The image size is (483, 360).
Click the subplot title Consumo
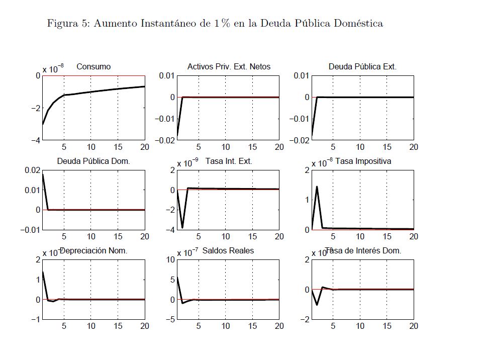[93, 66]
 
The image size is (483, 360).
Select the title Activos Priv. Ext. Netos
[229, 66]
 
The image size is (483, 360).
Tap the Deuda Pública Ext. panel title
[362, 66]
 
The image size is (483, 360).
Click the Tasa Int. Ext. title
[229, 161]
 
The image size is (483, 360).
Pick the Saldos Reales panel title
[228, 250]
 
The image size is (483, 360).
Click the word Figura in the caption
[61, 24]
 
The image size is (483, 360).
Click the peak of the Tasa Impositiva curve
[317, 187]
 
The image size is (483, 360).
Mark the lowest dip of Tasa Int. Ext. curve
[182, 228]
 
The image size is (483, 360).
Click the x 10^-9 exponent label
[188, 163]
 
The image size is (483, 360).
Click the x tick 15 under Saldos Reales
[252, 326]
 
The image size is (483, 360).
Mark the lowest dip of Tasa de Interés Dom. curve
[317, 305]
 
